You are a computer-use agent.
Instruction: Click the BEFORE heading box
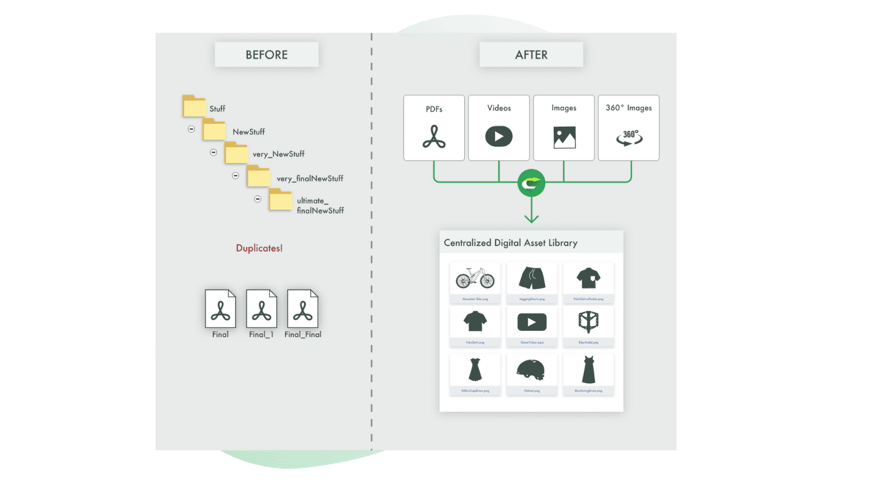266,55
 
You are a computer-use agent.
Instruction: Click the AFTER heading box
531,55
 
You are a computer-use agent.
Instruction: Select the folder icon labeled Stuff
194,106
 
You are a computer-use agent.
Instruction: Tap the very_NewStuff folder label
279,154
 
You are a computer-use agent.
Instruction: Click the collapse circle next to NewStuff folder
191,129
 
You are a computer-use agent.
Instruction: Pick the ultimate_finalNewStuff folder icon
280,200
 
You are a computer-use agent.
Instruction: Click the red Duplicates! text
259,248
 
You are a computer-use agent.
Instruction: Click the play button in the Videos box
498,137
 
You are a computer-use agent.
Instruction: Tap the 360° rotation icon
629,137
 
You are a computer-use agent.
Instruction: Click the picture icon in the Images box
564,137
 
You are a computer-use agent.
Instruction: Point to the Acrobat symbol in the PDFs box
434,137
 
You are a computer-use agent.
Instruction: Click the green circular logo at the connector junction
531,183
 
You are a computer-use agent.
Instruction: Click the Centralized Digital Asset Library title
510,243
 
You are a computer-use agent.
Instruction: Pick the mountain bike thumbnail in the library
475,278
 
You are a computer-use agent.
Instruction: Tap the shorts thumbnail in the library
532,278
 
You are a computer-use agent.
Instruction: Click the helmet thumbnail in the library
531,370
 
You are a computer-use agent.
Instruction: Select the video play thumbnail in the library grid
532,322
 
